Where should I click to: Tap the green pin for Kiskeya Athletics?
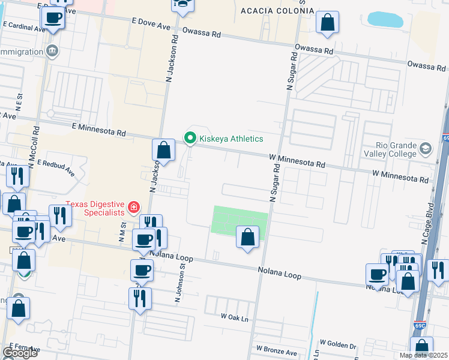point(190,139)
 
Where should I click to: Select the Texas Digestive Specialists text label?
point(96,208)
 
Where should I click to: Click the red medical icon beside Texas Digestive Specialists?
point(133,208)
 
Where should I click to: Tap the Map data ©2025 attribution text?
point(423,355)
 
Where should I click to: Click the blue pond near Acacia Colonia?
point(385,19)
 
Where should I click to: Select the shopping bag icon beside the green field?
point(247,238)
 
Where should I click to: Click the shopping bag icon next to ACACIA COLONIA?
point(327,23)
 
